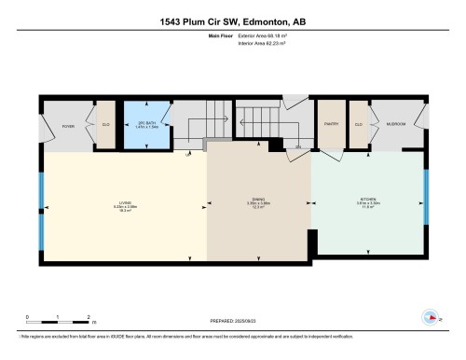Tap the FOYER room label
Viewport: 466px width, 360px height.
[67, 125]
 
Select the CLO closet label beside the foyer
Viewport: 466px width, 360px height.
[106, 125]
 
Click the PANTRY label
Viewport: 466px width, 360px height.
[330, 124]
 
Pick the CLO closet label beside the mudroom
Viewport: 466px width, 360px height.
[358, 124]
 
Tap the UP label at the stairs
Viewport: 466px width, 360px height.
[187, 154]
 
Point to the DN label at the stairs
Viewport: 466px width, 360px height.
[297, 147]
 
